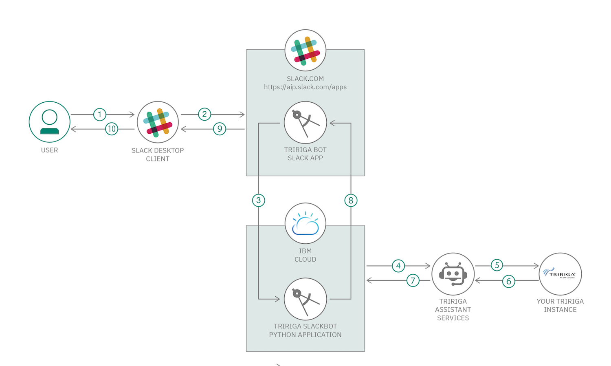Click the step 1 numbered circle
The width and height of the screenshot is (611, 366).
(100, 115)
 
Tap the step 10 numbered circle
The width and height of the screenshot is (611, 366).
(111, 129)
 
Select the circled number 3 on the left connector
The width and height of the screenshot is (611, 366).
(258, 200)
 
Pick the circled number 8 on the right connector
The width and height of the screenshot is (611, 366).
(351, 200)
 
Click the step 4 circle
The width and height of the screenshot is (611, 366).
(398, 266)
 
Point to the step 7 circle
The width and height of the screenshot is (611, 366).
(413, 280)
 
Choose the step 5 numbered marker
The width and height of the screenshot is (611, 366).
(497, 265)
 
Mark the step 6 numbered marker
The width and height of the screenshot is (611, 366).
(508, 281)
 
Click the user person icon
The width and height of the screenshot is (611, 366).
(49, 122)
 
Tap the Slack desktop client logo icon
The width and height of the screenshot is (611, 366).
(158, 122)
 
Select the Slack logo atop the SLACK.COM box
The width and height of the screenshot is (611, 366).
(305, 50)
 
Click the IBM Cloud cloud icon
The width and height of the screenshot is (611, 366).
(305, 223)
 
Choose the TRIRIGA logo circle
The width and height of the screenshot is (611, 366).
(560, 274)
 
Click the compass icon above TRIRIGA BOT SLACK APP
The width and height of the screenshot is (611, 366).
(305, 123)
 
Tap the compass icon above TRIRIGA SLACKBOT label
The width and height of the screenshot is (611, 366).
(305, 300)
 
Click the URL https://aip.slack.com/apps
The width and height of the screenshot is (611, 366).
(305, 87)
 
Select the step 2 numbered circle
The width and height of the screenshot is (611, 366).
(204, 114)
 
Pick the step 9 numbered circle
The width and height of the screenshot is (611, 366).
(220, 129)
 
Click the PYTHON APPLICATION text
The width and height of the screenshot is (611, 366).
(305, 335)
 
